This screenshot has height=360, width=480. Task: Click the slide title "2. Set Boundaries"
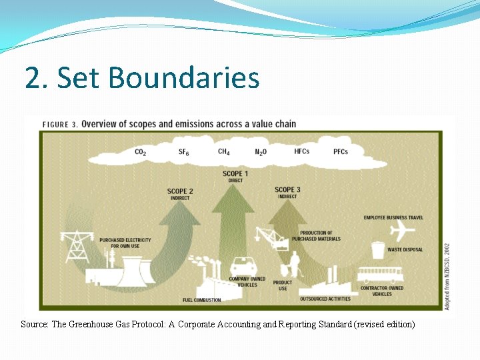coord(142,77)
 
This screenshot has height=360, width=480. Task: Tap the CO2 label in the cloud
coord(141,153)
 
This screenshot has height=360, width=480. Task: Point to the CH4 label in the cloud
coord(224,152)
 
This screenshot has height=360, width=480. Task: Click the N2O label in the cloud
coord(261,153)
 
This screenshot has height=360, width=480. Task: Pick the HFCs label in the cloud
coord(301,152)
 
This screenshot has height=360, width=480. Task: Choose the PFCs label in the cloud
coord(340,152)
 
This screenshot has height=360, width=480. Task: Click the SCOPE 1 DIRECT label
coord(233,177)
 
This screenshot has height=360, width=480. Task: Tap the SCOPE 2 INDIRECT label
coord(180,194)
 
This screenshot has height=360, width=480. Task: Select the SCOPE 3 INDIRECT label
coord(287,193)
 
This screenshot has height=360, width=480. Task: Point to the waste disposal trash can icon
coord(378,250)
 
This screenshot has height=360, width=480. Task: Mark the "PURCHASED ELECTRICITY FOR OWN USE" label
coord(125,243)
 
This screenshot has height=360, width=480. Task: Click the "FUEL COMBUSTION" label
coord(201,301)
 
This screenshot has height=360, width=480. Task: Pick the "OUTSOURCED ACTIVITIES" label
coord(325,299)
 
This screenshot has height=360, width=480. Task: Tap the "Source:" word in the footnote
coord(34,325)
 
